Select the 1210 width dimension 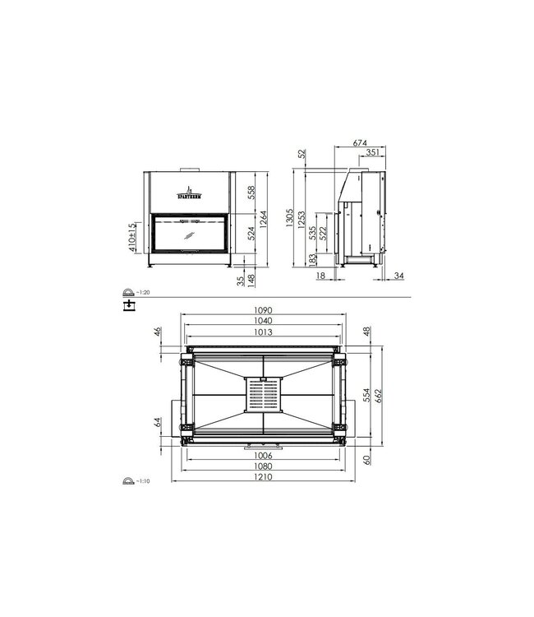click(264, 476)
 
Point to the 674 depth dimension click(359, 141)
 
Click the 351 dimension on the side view click(371, 152)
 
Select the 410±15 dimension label click(132, 236)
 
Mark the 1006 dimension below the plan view click(264, 455)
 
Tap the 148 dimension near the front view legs click(252, 281)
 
